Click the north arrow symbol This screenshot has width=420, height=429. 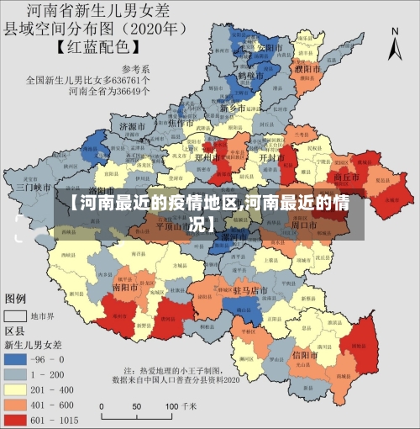pos(395,42)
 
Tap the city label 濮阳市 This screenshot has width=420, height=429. pos(305,68)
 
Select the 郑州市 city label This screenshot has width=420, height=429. pos(206,157)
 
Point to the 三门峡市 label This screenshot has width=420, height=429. pos(34,188)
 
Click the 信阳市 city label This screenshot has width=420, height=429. pos(307,355)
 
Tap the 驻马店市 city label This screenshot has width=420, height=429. pos(249,290)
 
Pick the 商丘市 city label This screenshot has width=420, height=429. pos(347,178)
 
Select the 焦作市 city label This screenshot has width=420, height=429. pos(181,123)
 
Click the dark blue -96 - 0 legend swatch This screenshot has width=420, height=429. pos(16,359)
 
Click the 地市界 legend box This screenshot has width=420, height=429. pos(16,317)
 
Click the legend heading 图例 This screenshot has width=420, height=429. pos(16,299)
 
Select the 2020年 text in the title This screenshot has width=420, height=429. pos(160,28)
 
